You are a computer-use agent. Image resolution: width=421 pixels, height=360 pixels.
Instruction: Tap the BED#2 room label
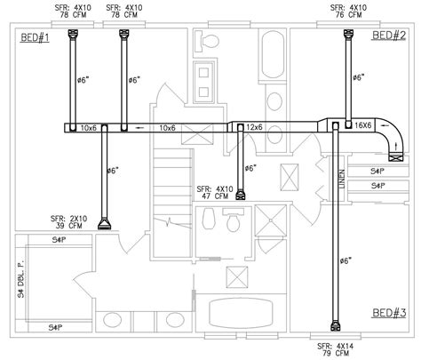387,36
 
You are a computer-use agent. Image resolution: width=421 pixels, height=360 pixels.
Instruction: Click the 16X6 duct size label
363,127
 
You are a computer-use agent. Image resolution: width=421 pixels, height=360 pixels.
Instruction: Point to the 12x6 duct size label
256,128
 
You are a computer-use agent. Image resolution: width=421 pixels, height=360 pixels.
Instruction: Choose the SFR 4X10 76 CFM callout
346,11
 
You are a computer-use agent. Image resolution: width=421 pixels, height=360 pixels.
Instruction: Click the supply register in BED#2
346,36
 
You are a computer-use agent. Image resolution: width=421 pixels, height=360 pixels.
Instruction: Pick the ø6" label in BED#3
346,260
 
